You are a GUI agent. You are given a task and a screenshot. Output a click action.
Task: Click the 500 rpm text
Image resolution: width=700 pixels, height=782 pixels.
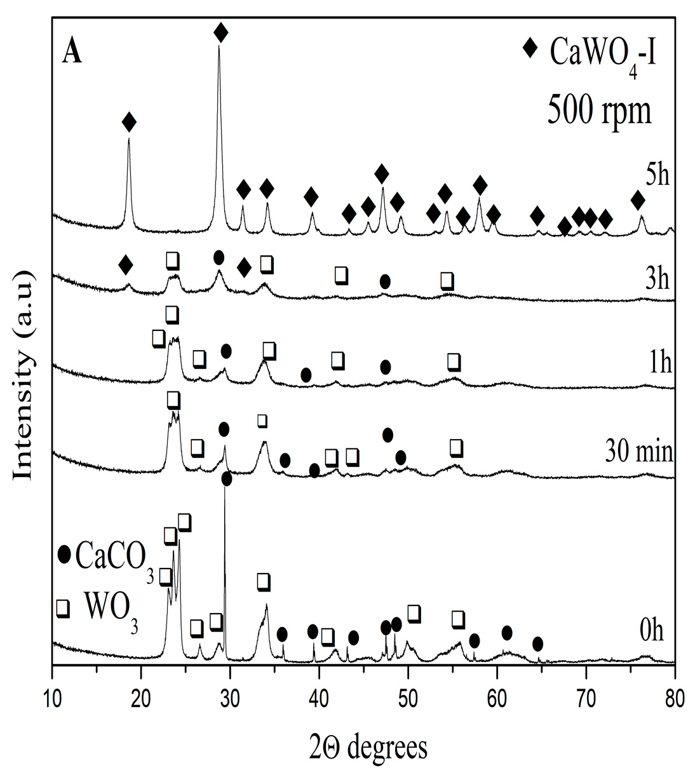600,111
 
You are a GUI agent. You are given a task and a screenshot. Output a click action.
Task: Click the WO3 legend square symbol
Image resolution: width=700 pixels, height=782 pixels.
63,609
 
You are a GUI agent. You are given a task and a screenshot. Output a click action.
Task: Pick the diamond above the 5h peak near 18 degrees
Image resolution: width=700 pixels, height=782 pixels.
129,122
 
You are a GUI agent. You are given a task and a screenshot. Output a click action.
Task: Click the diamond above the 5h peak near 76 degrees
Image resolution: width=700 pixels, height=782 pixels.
638,201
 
